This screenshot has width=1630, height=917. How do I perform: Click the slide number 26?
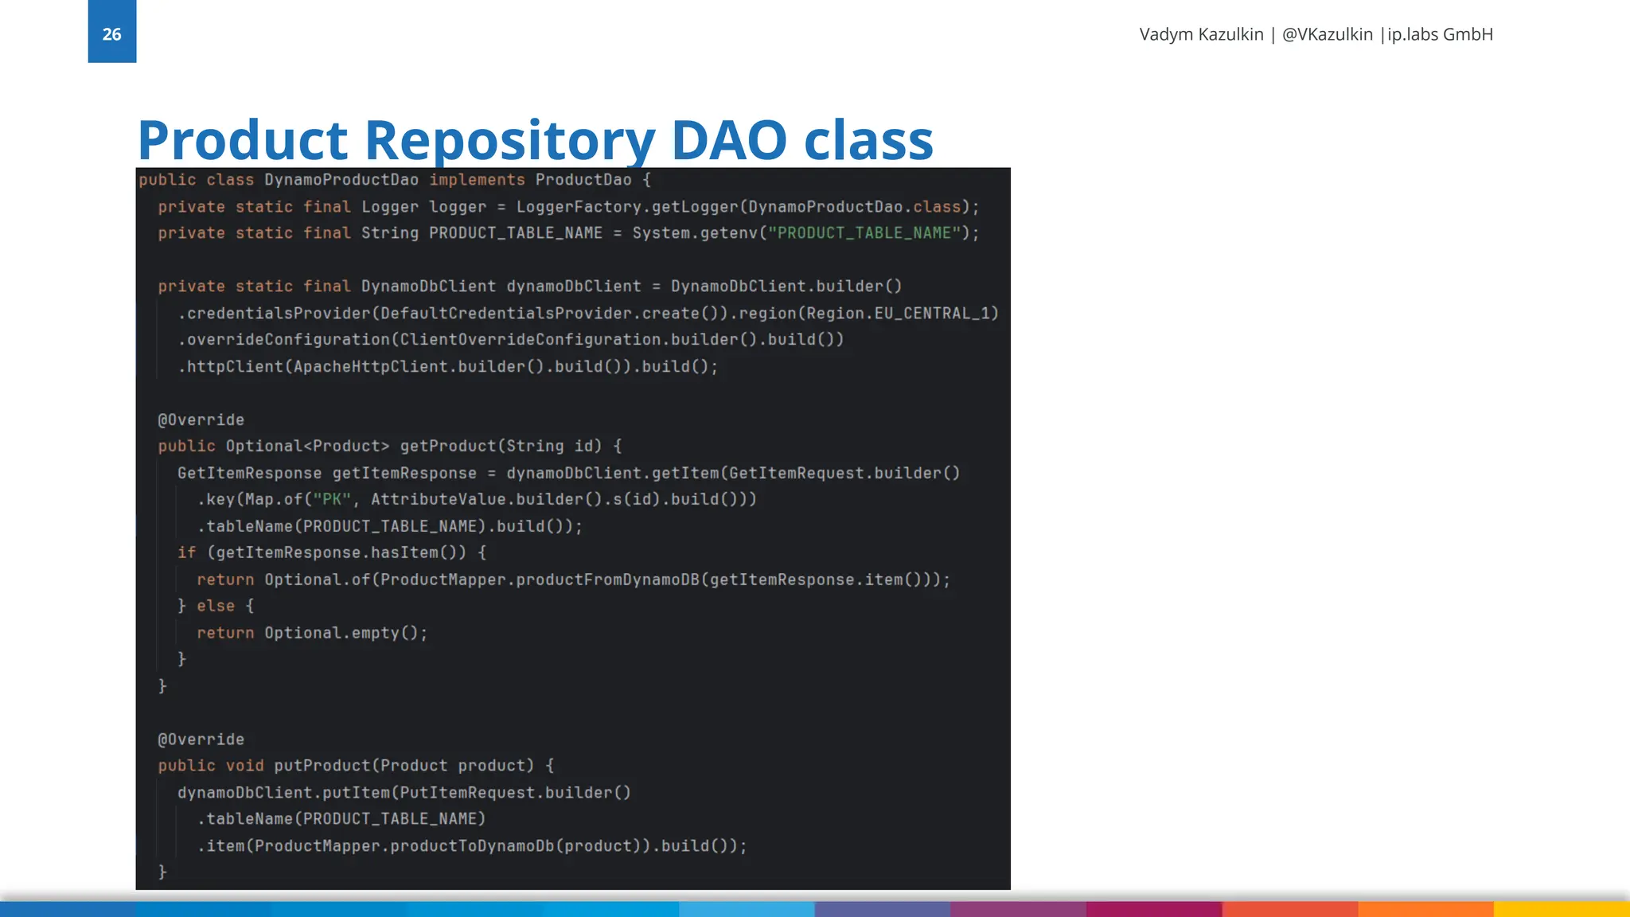(x=111, y=34)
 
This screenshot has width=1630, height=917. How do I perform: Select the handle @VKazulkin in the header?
(x=1327, y=34)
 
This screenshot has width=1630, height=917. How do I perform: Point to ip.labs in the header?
(x=1413, y=34)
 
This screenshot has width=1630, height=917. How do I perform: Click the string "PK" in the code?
(x=332, y=499)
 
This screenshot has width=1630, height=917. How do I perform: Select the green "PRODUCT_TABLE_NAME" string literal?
(x=864, y=233)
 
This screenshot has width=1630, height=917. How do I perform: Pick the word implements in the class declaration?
(x=477, y=180)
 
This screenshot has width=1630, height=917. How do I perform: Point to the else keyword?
(x=216, y=606)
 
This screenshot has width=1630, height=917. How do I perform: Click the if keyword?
(x=186, y=552)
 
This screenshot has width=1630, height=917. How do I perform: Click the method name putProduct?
(x=322, y=766)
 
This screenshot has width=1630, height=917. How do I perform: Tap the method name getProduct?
(x=447, y=446)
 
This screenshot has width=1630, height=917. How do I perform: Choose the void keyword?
(x=244, y=766)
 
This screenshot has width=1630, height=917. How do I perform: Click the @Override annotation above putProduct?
(x=201, y=739)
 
